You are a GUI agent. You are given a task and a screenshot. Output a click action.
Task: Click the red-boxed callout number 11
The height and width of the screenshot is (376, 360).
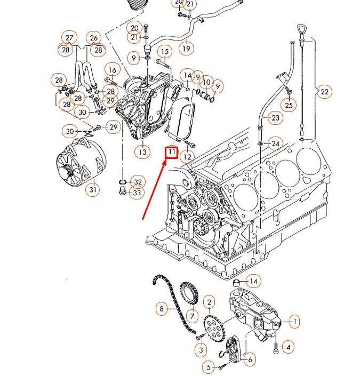(171, 153)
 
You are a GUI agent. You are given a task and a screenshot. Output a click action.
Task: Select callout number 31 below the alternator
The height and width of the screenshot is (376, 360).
(93, 189)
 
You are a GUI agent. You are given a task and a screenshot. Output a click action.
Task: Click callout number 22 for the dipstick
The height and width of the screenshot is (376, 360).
(324, 92)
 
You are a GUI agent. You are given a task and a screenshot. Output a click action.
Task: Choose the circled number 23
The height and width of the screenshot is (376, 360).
(275, 118)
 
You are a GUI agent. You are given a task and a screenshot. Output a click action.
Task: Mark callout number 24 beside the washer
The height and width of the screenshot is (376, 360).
(275, 143)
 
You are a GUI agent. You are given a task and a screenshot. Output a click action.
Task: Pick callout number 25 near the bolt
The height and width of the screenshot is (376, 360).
(289, 105)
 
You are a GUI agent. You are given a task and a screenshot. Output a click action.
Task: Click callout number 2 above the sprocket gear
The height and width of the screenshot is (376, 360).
(209, 302)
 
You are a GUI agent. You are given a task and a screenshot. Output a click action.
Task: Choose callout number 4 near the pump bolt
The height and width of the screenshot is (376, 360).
(287, 347)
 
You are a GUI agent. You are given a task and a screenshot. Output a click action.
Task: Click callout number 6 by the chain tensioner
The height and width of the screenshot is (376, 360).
(249, 359)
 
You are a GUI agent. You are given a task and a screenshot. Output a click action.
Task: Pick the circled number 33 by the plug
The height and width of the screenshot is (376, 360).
(137, 193)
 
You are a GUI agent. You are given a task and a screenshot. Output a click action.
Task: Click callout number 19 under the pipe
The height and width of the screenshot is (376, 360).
(186, 49)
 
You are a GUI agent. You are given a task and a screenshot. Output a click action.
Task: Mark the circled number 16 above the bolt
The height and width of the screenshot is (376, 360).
(111, 70)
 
